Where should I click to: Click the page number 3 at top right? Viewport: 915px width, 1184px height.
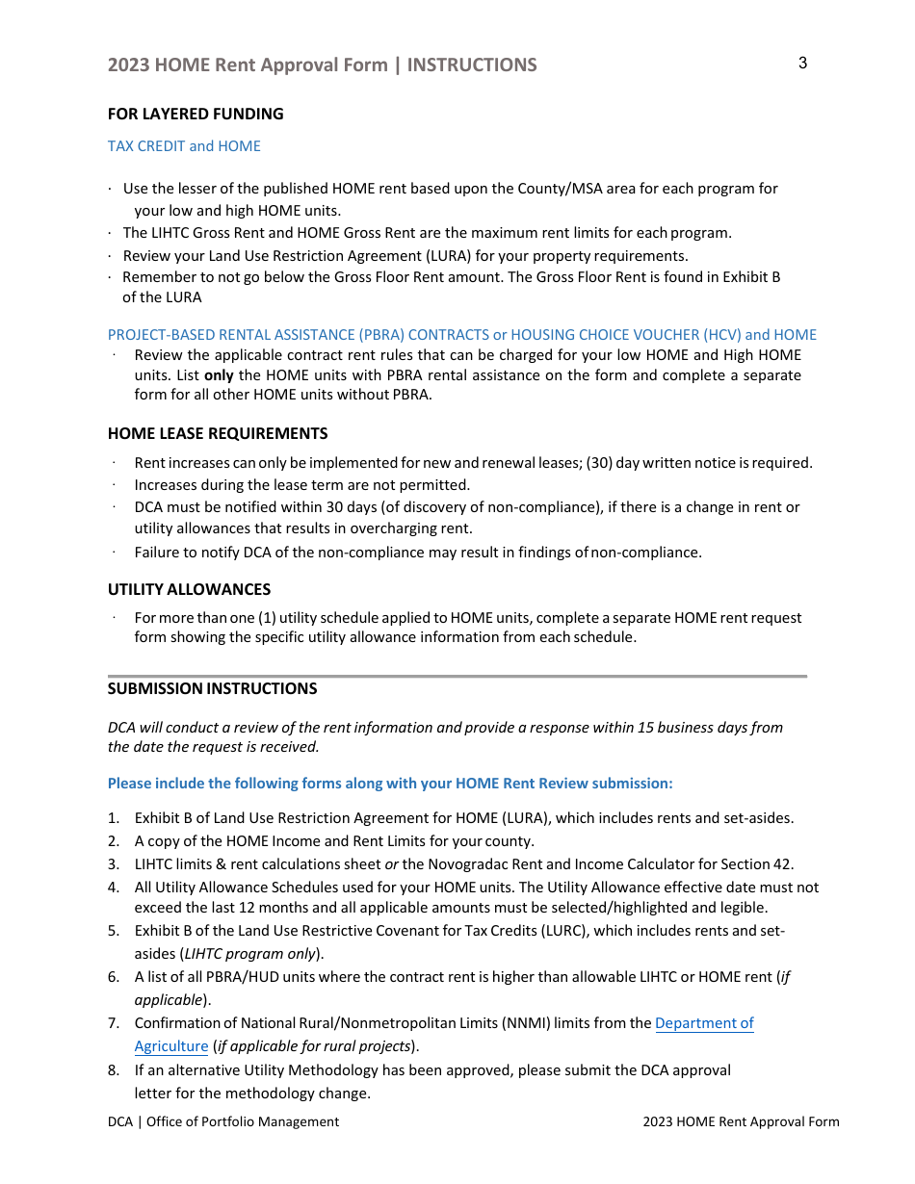tap(802, 64)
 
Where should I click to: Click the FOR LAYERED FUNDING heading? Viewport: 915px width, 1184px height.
tap(196, 114)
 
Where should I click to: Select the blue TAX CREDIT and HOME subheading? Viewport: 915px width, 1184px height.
tap(184, 146)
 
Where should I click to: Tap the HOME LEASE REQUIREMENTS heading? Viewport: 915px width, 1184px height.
tap(218, 433)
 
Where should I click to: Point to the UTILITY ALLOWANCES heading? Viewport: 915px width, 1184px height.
tap(189, 589)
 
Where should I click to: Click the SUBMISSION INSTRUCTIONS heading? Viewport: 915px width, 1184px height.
tap(212, 688)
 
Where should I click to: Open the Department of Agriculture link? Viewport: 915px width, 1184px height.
tap(704, 1023)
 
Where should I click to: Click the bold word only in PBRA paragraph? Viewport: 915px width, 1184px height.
tap(219, 375)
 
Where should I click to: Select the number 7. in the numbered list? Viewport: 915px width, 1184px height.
tap(113, 1023)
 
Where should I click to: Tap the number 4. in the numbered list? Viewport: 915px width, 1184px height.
tap(113, 888)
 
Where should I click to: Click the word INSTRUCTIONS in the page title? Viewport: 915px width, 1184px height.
tap(472, 64)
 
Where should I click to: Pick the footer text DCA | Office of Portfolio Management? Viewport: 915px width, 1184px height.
tap(223, 1121)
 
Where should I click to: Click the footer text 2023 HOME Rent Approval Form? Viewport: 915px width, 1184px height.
tap(741, 1121)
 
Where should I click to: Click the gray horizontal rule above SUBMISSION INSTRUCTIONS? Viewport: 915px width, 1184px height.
tap(457, 676)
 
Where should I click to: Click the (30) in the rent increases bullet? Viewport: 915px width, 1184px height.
tap(598, 463)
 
